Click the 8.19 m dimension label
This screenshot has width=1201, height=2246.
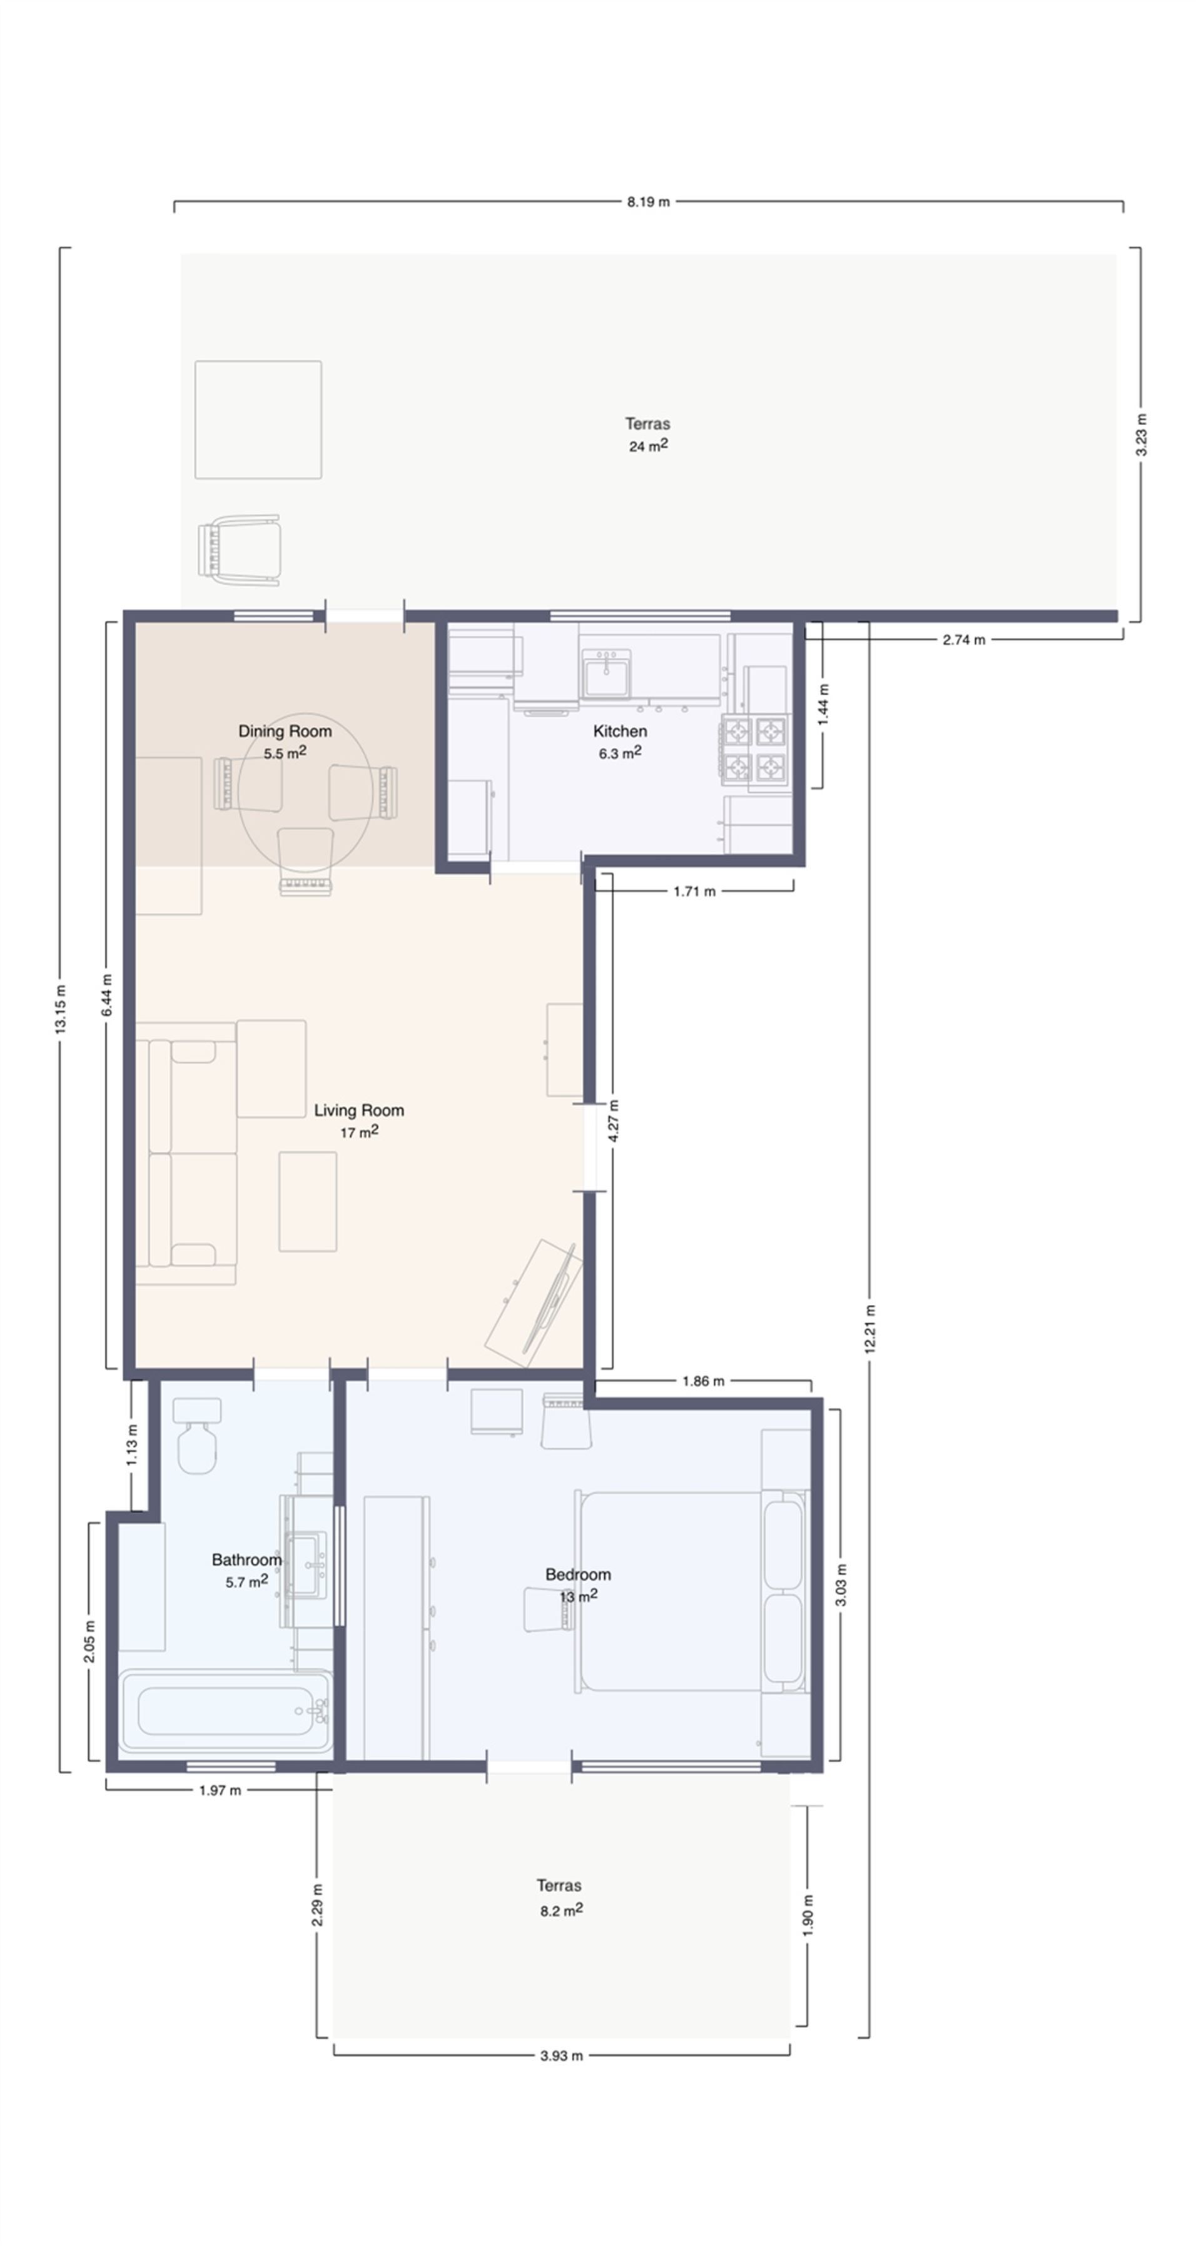tap(647, 201)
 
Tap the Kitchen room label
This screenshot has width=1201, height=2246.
tap(619, 731)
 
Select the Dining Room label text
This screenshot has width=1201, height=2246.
tap(285, 731)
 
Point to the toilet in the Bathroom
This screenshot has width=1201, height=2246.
tap(197, 1439)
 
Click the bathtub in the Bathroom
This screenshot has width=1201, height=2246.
tap(226, 1711)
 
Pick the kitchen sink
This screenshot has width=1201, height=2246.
tap(606, 674)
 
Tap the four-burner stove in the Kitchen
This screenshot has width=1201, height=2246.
tap(754, 748)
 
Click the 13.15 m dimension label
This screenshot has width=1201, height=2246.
tap(60, 1009)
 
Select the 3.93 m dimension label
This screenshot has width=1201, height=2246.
tap(561, 2055)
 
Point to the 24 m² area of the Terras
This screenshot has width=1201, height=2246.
tap(648, 446)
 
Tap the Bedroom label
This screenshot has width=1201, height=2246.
tap(577, 1574)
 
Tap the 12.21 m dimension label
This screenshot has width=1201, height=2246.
tap(869, 1328)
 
